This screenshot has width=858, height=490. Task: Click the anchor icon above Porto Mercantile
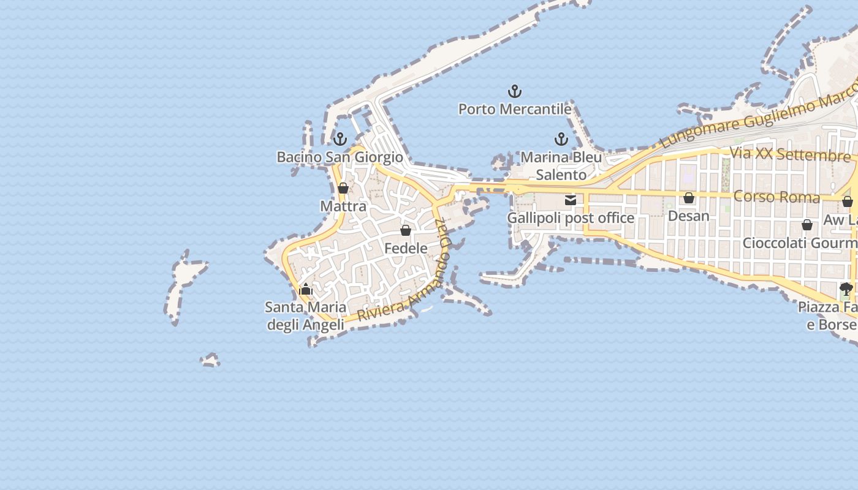(x=515, y=92)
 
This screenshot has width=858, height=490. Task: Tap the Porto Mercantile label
(x=515, y=109)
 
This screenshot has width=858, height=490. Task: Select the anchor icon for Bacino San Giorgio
(x=340, y=139)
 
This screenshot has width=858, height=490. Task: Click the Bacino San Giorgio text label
(x=340, y=157)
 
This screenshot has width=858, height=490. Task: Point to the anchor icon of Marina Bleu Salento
(x=561, y=139)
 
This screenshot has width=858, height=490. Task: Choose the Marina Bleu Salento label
(x=561, y=165)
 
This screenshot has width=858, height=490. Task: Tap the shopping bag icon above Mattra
(x=343, y=188)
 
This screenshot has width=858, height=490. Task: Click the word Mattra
(x=343, y=206)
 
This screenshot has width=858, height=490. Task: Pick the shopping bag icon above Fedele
(x=405, y=230)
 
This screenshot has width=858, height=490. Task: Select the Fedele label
(x=406, y=248)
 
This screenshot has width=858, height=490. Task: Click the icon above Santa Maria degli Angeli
(x=306, y=289)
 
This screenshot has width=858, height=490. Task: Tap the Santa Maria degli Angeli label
(x=306, y=315)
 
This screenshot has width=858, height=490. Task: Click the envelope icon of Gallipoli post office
(x=571, y=200)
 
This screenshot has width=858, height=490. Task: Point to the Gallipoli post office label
(x=571, y=217)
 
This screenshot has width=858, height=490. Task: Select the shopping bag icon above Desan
(x=689, y=198)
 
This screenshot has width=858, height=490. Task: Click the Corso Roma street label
(x=776, y=197)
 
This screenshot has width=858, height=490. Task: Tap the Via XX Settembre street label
(x=791, y=154)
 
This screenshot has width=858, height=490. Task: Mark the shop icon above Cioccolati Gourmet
(x=807, y=225)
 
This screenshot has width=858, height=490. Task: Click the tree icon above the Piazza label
(x=846, y=288)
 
